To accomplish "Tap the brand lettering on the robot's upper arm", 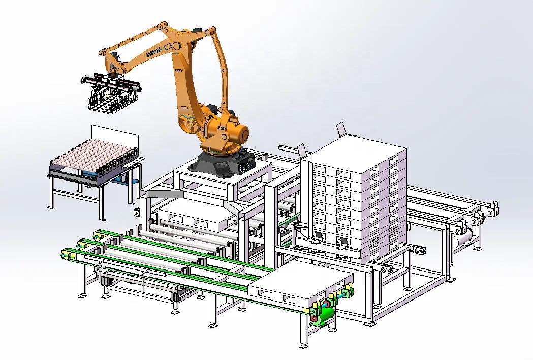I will [154, 52].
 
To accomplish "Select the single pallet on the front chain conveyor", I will [300, 285].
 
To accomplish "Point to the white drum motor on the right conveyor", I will [465, 234].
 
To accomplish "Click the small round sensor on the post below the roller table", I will [136, 212].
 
